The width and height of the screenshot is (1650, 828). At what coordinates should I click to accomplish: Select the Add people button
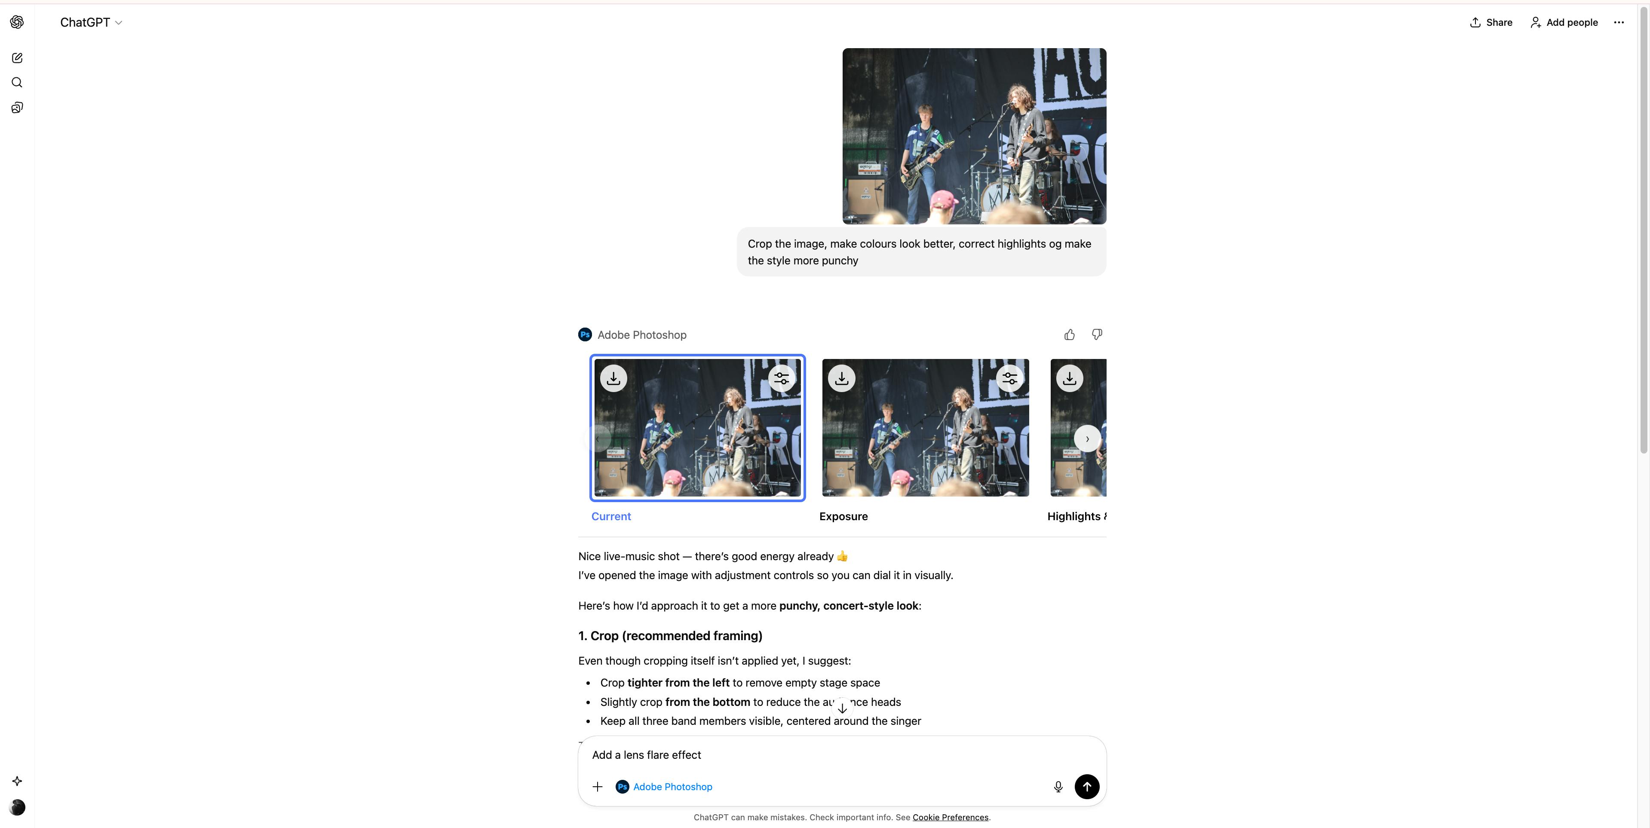tap(1564, 22)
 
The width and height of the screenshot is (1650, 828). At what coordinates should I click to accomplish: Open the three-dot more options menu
tap(1619, 22)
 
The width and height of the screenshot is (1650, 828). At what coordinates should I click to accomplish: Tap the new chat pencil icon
tap(17, 58)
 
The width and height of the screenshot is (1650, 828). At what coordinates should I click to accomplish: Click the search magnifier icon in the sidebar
tap(17, 83)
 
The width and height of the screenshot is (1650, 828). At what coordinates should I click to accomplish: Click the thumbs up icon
tap(1069, 335)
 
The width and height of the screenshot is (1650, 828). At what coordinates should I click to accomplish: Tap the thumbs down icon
tap(1097, 335)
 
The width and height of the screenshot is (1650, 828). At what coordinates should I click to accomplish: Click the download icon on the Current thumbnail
tap(613, 378)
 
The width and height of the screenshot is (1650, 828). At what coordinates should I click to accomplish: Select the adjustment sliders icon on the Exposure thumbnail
tap(1009, 378)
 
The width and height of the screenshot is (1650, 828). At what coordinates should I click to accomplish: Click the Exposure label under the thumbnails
tap(843, 517)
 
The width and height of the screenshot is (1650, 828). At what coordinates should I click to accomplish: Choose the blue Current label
tap(611, 517)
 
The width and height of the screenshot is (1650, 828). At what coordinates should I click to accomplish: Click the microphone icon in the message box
tap(1058, 787)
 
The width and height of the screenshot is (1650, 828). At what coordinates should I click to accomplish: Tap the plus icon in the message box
tap(598, 787)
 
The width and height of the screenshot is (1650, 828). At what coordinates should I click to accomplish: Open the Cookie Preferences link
tap(951, 818)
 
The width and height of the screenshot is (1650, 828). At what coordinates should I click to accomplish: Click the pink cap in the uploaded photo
tap(943, 200)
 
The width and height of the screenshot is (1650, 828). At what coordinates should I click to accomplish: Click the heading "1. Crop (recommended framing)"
tap(670, 636)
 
